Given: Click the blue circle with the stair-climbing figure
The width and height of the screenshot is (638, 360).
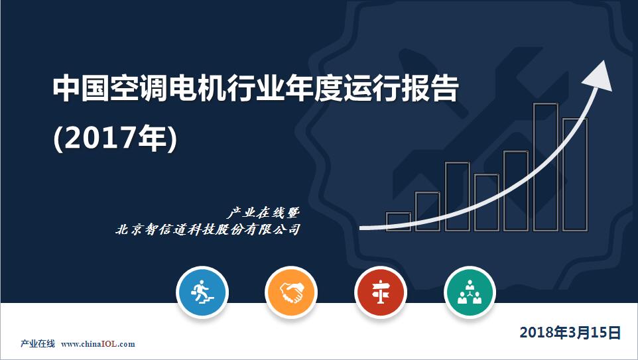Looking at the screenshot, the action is [202, 292].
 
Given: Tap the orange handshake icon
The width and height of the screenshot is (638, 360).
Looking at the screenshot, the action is [291, 292].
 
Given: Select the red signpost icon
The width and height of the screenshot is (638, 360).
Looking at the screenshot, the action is [381, 292].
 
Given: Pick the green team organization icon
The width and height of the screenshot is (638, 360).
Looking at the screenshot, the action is [470, 292].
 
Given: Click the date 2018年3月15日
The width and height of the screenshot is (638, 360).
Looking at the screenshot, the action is [570, 332].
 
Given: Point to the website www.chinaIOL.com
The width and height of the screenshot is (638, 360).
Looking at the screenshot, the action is [98, 344].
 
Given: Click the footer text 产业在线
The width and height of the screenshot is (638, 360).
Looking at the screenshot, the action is [37, 344].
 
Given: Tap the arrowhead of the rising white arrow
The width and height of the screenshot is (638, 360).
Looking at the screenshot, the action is [598, 76].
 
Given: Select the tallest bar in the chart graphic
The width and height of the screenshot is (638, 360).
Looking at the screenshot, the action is [546, 167].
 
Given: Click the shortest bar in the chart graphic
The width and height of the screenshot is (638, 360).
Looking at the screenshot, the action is [399, 221].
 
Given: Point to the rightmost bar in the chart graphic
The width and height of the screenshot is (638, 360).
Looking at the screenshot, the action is [575, 174].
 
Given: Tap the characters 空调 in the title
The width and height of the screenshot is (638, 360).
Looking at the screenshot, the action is [139, 88].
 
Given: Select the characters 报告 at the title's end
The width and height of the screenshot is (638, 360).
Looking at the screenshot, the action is [430, 88].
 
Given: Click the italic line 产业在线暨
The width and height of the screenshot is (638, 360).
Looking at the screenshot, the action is [263, 213].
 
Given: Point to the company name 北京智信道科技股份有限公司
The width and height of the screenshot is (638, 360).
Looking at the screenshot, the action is [208, 229].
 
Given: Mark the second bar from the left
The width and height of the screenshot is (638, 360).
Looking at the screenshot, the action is [428, 211].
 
